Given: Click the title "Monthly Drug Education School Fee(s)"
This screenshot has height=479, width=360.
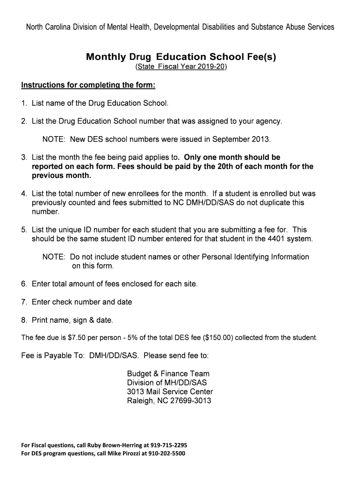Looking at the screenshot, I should [181, 57].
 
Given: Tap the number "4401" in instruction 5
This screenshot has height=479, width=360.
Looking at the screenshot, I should [277, 239].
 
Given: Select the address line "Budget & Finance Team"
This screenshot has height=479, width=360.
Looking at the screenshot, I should [168, 374].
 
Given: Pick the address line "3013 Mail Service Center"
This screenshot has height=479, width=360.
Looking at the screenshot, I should [170, 392].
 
